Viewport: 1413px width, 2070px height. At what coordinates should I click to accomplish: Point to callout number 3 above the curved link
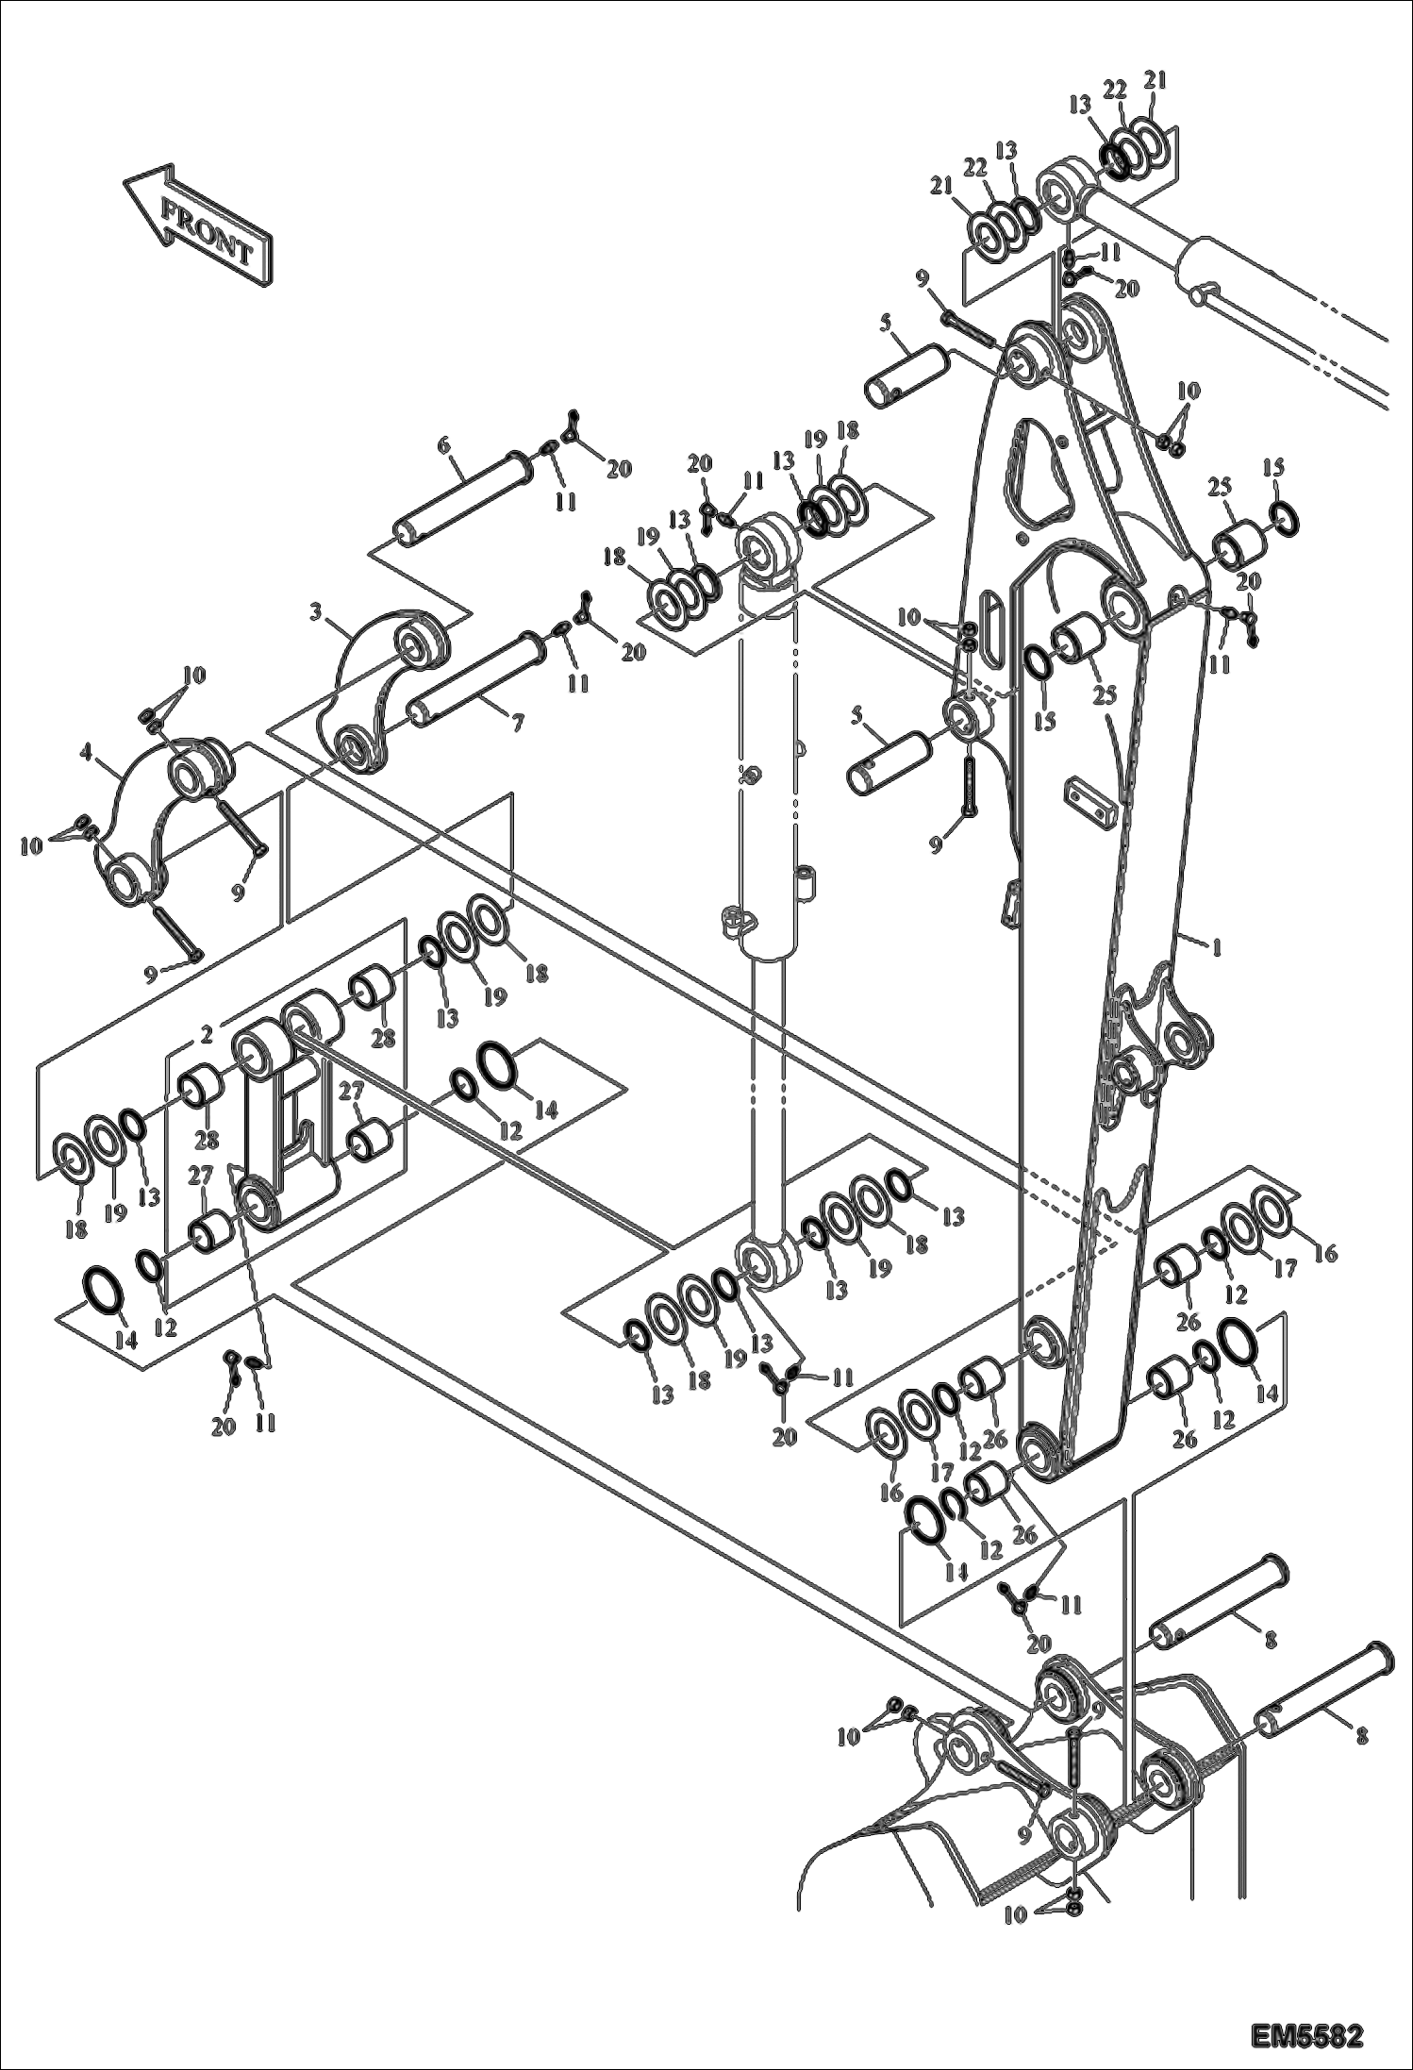pos(317,614)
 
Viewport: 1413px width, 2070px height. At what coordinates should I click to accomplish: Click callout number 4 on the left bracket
pos(86,752)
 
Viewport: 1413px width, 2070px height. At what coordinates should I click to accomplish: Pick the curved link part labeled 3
pos(382,689)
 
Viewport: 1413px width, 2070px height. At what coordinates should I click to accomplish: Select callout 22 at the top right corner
pos(1116,91)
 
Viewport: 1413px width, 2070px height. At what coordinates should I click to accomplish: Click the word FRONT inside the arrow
pos(207,231)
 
